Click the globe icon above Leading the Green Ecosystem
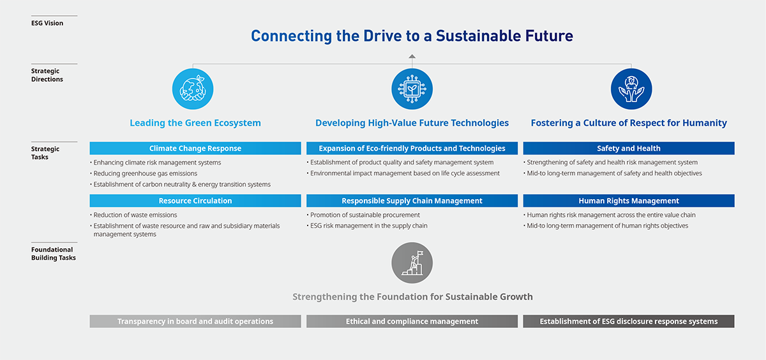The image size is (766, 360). click(193, 89)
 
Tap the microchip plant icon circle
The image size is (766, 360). click(412, 89)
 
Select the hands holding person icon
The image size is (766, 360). click(631, 89)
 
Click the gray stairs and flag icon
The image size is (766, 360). click(412, 263)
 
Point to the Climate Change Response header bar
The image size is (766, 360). click(195, 148)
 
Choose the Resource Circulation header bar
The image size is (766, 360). click(195, 200)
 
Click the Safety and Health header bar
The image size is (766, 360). click(629, 148)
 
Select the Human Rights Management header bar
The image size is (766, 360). click(629, 200)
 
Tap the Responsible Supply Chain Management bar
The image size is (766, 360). click(412, 200)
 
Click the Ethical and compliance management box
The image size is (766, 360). click(412, 321)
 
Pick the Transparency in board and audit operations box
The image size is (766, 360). click(195, 321)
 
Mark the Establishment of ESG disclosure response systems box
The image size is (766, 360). click(629, 321)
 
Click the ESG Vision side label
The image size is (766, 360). click(47, 23)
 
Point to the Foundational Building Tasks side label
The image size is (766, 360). click(54, 253)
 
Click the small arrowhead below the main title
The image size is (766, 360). click(412, 56)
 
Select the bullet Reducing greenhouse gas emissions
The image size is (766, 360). click(144, 174)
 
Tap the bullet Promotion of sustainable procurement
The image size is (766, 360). click(363, 215)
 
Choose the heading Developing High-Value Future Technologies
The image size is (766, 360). click(412, 123)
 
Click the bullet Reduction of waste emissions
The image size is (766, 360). click(133, 215)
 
